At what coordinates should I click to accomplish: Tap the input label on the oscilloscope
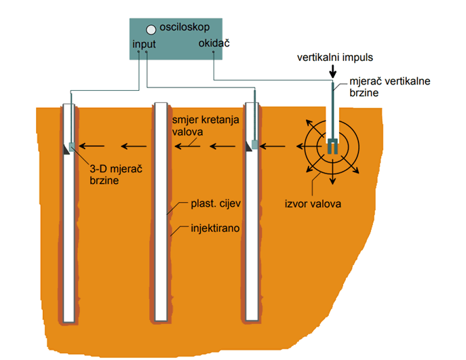coord(145,44)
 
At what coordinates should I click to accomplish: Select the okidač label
coord(214,44)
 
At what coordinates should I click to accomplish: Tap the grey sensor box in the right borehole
coord(255,144)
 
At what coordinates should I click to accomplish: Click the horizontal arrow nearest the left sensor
coord(92,145)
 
